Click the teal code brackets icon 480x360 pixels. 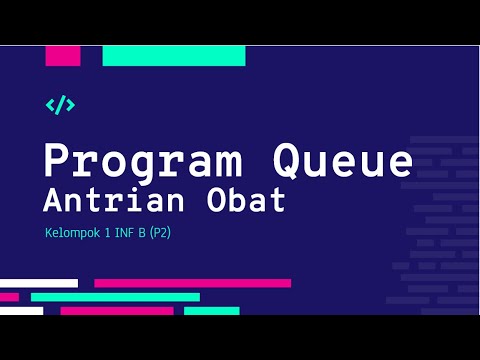(x=61, y=104)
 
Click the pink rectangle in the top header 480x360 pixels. (x=63, y=56)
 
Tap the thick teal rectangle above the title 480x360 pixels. (x=174, y=56)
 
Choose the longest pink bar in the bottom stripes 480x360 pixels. (x=193, y=283)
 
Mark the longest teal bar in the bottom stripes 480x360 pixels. (x=115, y=297)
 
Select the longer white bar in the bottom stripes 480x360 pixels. (x=39, y=283)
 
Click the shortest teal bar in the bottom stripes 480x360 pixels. (x=212, y=311)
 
